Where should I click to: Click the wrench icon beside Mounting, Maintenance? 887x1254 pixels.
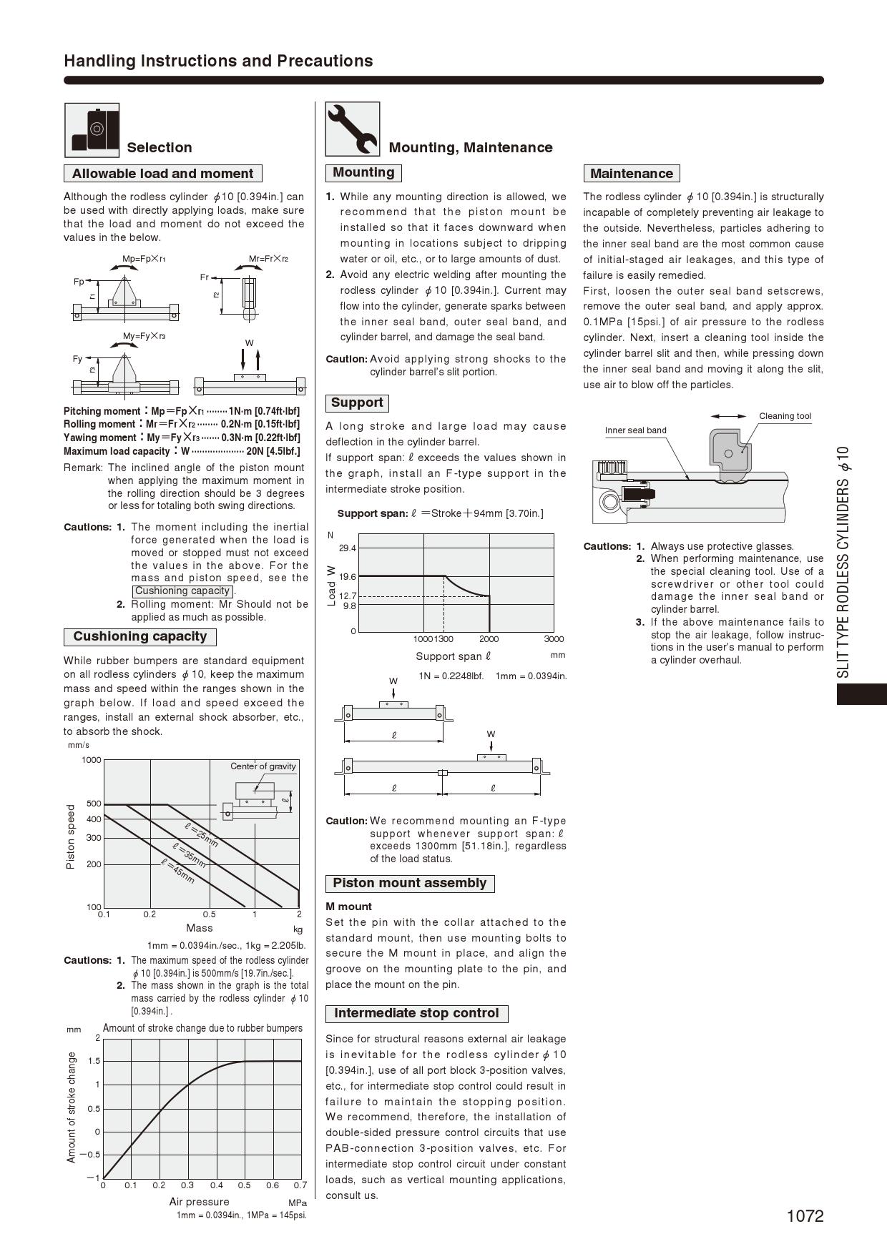[352, 129]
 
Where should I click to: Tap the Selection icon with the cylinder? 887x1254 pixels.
[92, 129]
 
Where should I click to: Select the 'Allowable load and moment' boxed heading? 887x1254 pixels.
[162, 174]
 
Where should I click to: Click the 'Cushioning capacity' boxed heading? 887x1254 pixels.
[139, 636]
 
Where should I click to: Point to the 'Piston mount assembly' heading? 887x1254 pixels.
[409, 883]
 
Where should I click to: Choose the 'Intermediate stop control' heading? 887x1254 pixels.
[416, 1013]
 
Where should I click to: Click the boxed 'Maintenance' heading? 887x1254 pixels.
[631, 174]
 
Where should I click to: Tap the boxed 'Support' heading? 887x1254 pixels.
[357, 403]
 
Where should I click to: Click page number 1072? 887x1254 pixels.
[805, 1216]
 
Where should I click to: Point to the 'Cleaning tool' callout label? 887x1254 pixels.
[785, 416]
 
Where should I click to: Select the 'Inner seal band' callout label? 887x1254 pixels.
[635, 430]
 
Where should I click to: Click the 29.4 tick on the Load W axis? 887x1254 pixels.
[348, 548]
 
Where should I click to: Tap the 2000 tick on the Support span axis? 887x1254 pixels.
[489, 639]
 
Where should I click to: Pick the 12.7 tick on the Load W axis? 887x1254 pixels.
[348, 596]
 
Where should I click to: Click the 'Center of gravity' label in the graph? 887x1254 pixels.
[263, 766]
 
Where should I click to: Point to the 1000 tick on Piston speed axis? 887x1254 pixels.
[92, 760]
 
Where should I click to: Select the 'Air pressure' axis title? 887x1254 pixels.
[199, 1202]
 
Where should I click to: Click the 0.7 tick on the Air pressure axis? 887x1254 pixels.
[300, 1185]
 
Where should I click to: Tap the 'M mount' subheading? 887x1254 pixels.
[348, 907]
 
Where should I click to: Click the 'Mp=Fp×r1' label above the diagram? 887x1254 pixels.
[144, 259]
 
